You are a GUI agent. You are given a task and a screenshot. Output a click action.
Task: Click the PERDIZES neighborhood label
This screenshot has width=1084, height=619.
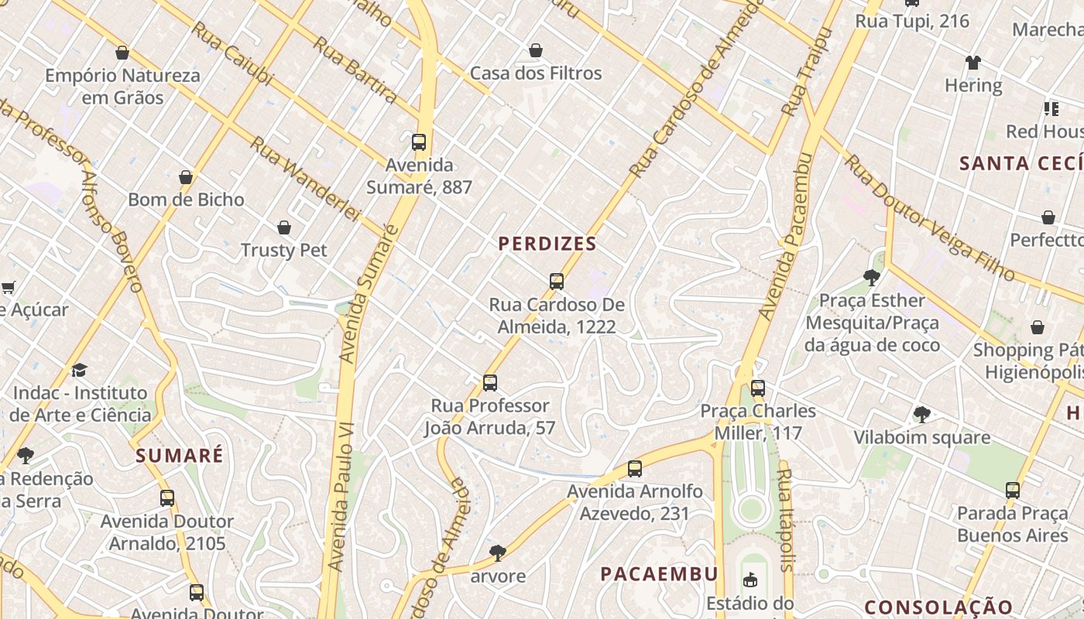point(547,244)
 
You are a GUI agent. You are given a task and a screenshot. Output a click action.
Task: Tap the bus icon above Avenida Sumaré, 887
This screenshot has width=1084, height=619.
point(419,142)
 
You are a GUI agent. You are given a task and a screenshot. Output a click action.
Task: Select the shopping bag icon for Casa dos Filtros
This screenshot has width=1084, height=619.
point(535,51)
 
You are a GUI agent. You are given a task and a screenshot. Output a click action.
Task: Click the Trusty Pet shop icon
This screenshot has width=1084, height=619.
point(284,227)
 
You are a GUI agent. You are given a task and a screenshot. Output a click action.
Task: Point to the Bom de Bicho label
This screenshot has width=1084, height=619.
point(186,200)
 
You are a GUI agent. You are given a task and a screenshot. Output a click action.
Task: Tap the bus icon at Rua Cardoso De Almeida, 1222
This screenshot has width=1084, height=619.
point(556,282)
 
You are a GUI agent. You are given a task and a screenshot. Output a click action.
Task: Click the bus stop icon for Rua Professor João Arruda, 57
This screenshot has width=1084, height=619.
point(489,383)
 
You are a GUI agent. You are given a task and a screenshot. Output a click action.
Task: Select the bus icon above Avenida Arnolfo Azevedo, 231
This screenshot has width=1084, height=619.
point(635,469)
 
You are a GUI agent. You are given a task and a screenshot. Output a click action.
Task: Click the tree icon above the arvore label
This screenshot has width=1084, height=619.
point(497,553)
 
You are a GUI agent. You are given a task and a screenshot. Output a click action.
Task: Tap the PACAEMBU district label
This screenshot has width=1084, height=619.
point(660,574)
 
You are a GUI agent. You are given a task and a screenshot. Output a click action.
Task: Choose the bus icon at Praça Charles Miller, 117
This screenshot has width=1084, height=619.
point(758,388)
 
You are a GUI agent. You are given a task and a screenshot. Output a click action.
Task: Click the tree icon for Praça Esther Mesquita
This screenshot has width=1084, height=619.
point(872,278)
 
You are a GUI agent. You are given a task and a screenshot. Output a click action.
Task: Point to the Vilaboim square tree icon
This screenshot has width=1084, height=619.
point(921,415)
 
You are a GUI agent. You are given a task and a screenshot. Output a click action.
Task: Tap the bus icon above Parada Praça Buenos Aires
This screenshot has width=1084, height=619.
point(1013,491)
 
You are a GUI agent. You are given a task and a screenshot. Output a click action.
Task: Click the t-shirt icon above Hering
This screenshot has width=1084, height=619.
point(973,63)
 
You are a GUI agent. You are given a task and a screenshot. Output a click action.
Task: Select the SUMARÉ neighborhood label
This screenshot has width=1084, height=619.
point(180,455)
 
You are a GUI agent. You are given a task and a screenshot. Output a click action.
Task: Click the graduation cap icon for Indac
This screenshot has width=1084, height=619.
point(79,371)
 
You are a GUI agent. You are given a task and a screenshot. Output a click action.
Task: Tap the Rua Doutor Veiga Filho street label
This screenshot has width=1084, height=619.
point(928,218)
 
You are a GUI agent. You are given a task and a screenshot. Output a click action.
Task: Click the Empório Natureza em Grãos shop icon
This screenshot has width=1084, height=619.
point(122,53)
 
